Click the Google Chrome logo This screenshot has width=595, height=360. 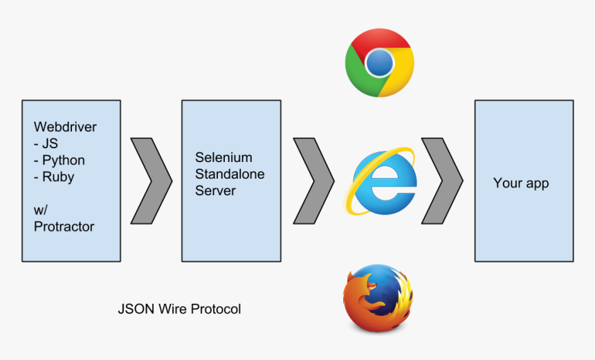pos(379,63)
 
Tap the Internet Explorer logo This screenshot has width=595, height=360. pos(385,181)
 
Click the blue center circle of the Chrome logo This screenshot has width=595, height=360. pos(379,64)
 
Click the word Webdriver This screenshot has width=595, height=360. pos(65,127)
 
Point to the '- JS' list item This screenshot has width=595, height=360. pos(46,144)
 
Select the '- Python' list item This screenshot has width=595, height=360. pos(59,161)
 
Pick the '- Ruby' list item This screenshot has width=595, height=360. pos(54,177)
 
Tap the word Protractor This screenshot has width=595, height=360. pos(64,226)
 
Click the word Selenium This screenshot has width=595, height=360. pos(223,158)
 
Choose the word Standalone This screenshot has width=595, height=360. pos(230,174)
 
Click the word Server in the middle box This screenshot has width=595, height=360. pos(215,190)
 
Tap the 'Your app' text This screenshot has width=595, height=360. pos(521,183)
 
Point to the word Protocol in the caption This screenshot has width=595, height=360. pos(216,309)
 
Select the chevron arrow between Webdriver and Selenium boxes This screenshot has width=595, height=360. pos(151,181)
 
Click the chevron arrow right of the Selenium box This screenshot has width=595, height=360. pos(313,181)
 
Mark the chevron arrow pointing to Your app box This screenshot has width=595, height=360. pos(443,181)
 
